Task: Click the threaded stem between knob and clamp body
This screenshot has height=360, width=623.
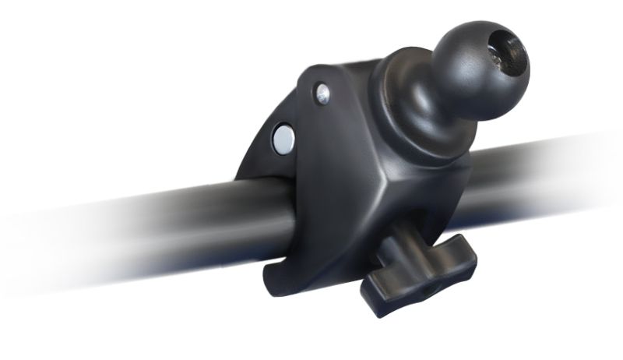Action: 402,234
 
